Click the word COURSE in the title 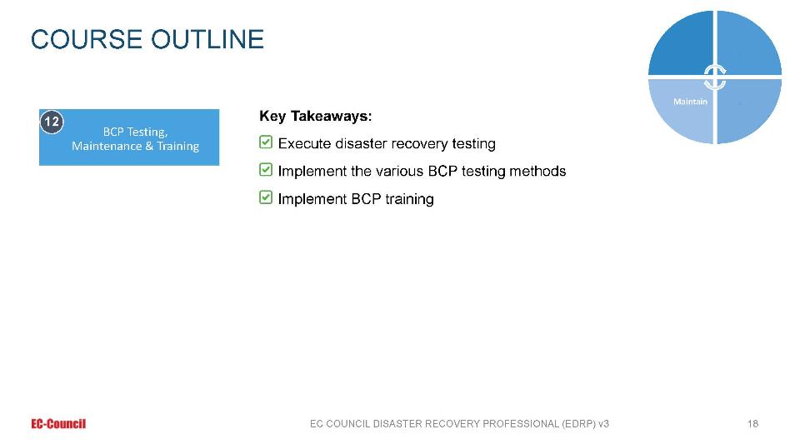(x=87, y=39)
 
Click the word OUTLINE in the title (x=207, y=39)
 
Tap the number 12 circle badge (x=52, y=122)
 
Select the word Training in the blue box (x=177, y=146)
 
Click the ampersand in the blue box (x=149, y=146)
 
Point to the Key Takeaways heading (x=315, y=117)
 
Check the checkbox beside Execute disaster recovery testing (x=266, y=142)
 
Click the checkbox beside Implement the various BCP (x=266, y=170)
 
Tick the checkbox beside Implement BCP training (x=266, y=197)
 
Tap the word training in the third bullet (x=409, y=199)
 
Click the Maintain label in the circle (x=690, y=102)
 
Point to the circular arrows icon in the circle (x=715, y=77)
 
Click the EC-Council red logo (x=58, y=424)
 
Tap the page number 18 (x=752, y=424)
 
